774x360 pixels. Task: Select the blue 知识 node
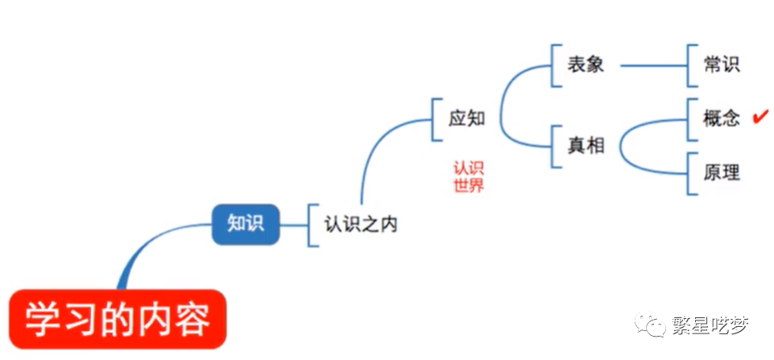[x=244, y=224]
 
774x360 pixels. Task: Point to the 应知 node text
[x=467, y=118]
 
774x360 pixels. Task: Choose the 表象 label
[x=586, y=65]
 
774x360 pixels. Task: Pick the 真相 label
[x=586, y=146]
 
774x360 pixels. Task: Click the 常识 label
[x=721, y=65]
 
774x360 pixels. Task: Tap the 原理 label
[x=721, y=172]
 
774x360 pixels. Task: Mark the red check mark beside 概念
[x=758, y=118]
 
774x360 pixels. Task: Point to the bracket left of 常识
[x=689, y=65]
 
